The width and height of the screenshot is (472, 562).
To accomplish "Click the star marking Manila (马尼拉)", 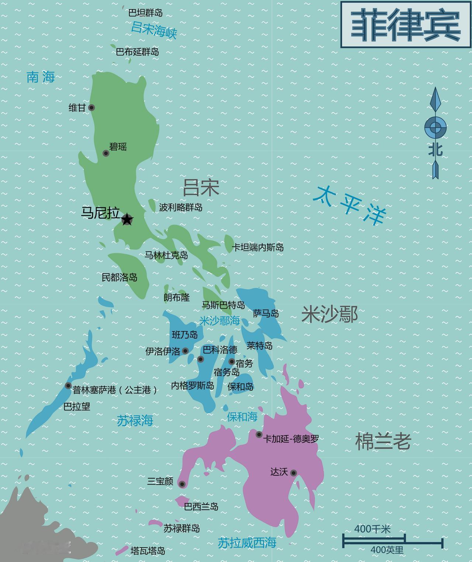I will click(127, 219).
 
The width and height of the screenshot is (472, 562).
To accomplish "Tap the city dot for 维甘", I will click(91, 108).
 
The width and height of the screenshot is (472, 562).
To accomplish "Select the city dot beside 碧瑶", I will click(106, 153).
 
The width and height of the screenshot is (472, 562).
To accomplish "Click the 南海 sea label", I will click(41, 77).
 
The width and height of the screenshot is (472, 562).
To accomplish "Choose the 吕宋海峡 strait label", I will click(154, 30).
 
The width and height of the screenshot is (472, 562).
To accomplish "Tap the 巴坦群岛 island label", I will click(145, 13).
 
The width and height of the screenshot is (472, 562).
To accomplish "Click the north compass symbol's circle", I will click(435, 127).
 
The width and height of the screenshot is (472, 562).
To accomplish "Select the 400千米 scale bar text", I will click(372, 529).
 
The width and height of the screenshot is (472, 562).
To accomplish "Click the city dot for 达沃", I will click(294, 473).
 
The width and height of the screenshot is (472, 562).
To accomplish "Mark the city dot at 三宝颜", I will click(182, 484).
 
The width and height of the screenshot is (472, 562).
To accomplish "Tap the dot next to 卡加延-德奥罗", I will click(259, 434).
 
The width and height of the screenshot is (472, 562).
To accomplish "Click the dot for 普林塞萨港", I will click(68, 386).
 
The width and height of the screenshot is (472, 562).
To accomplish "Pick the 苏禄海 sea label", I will click(135, 420).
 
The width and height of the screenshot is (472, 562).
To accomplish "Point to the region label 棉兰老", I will click(383, 441).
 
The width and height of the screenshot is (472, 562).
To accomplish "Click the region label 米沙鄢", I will click(329, 315).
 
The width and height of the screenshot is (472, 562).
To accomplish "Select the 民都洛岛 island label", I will click(119, 277).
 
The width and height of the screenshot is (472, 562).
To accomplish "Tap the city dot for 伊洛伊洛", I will click(185, 351).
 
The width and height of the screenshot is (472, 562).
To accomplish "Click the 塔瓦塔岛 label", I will click(147, 551).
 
